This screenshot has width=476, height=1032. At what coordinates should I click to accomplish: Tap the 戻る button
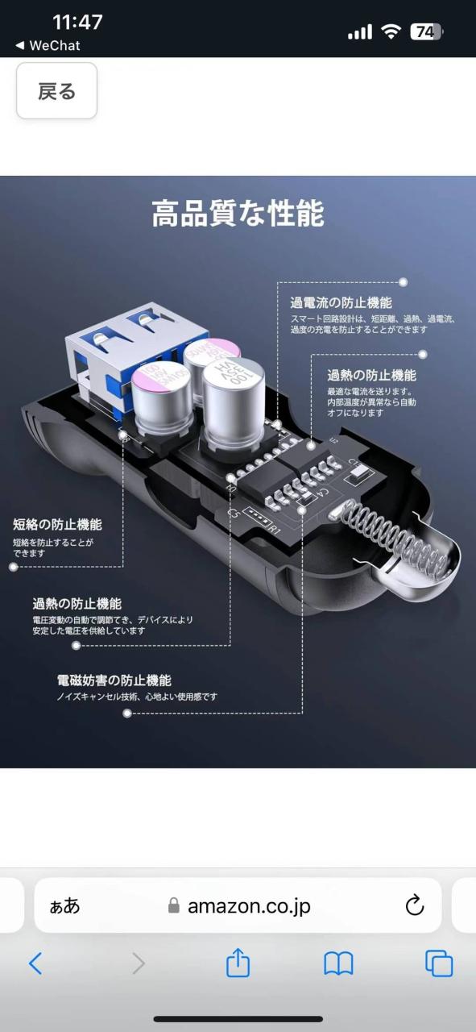coord(56,91)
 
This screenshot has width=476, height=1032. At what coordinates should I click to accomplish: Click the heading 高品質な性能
coord(238,214)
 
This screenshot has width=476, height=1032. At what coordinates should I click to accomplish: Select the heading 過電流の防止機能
coord(341,302)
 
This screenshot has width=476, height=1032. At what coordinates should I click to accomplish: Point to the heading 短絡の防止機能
coord(57,524)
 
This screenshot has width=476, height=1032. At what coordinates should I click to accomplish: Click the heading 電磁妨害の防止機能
coord(114,680)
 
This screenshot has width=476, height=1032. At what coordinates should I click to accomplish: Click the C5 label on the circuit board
coord(234,512)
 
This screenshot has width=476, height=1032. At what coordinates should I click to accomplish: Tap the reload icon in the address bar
coord(414,905)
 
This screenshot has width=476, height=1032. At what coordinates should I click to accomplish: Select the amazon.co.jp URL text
coord(249,905)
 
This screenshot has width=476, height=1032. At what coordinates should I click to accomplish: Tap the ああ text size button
coord(64,905)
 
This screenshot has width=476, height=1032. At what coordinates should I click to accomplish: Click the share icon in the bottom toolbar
coord(238,963)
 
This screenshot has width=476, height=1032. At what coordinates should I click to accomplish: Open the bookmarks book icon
coord(338,963)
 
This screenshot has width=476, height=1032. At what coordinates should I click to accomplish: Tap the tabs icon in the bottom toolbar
coord(439,963)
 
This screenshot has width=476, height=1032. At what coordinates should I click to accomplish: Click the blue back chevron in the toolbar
coord(35,963)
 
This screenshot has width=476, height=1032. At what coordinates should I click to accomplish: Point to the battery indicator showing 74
coord(426,31)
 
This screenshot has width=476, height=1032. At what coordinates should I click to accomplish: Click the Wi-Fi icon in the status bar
coord(391,31)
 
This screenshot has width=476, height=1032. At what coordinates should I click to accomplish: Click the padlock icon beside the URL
coord(173,905)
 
